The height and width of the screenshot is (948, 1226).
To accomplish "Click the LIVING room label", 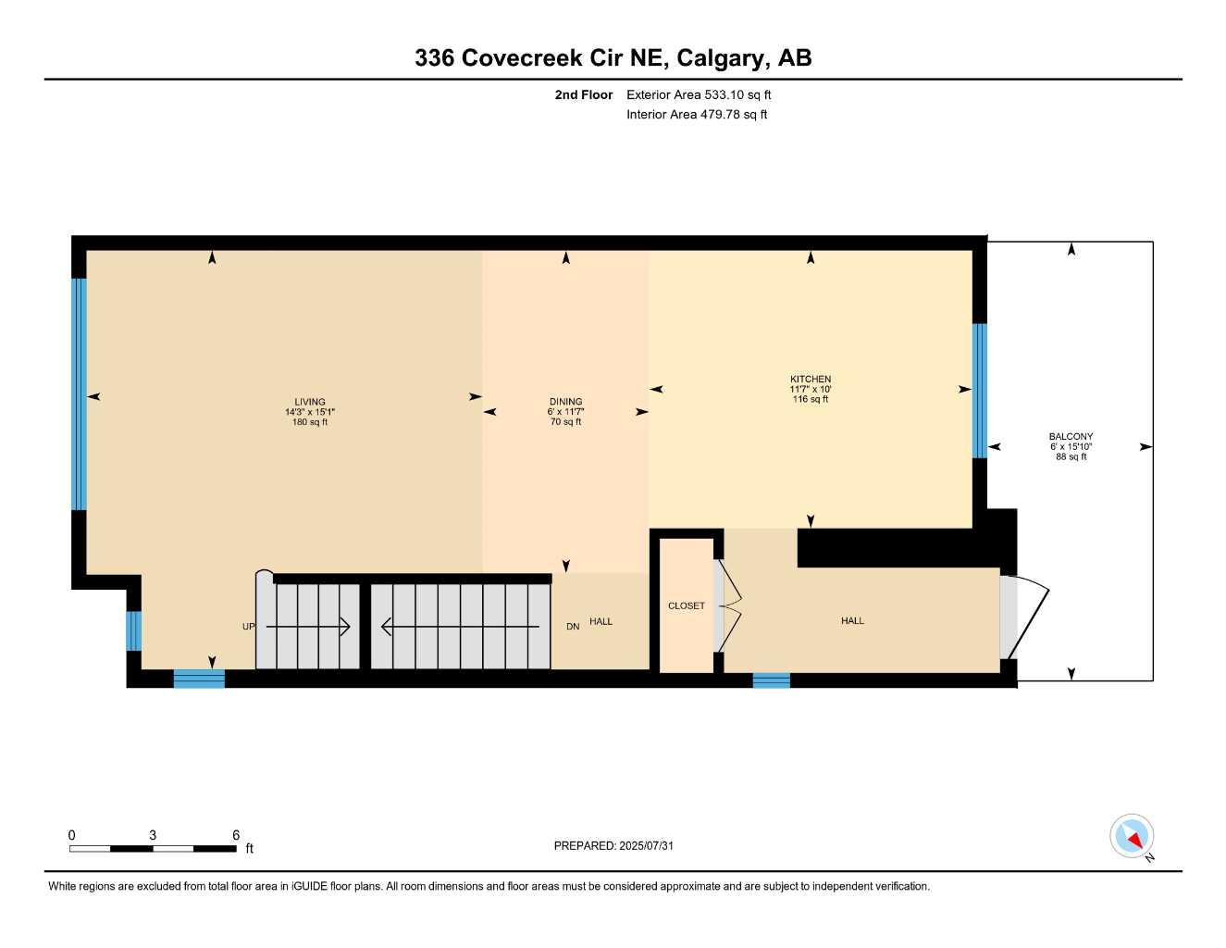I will (310, 402).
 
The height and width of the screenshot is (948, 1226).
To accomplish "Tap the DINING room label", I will (565, 402).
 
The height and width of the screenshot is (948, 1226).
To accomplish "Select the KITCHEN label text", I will (811, 379).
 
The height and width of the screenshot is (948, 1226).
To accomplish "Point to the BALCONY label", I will (1071, 436).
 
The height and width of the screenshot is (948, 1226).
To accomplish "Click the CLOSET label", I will (687, 605).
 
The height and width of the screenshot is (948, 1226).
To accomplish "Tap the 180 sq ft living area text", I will (310, 422).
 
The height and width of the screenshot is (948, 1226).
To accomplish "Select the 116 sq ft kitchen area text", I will (811, 399).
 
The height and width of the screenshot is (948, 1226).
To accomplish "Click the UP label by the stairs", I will (248, 627).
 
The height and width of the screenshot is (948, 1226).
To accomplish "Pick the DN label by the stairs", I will (573, 627).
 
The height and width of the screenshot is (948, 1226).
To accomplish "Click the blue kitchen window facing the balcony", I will (979, 390).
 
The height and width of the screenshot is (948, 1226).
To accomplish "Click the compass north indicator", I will (1133, 837).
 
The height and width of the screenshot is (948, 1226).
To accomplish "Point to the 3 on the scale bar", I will (153, 835).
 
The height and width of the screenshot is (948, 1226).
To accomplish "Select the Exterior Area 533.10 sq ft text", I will (699, 94).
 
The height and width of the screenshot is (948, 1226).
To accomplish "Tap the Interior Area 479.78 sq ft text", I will (697, 115).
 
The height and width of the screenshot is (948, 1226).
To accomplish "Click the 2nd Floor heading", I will (583, 94).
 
